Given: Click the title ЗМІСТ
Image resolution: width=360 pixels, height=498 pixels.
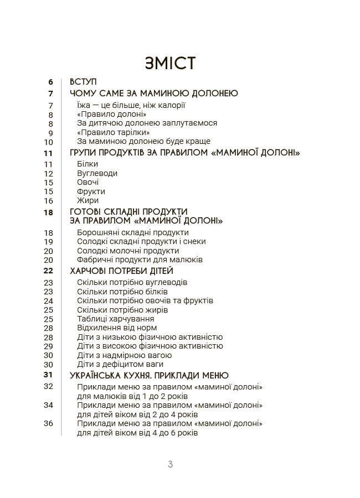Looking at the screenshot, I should click(169, 63).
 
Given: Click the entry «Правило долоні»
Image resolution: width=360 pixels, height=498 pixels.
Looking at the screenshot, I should click(108, 114).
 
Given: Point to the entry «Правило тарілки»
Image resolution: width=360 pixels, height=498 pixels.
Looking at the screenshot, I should click(114, 132).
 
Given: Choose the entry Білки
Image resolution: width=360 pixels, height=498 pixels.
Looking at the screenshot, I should click(88, 164).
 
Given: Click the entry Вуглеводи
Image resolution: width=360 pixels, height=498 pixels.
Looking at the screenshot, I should click(97, 173).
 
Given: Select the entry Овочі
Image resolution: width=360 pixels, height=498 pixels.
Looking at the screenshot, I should click(88, 182).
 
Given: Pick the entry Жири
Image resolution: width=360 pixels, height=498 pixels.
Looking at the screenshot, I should click(88, 200).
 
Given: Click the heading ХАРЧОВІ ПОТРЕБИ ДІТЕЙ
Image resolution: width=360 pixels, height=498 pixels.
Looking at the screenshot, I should click(122, 271).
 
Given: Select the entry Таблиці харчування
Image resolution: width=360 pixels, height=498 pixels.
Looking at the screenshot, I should click(116, 319).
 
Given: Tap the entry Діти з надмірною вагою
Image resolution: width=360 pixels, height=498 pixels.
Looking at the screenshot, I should click(125, 355).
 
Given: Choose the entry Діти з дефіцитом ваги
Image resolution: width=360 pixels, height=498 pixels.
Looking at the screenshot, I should click(120, 364).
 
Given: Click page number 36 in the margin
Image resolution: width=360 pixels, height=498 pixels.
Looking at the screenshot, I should click(48, 423).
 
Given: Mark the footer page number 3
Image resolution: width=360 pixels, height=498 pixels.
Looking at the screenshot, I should click(170, 464).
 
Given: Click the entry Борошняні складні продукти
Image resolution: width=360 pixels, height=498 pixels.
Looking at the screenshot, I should click(133, 232).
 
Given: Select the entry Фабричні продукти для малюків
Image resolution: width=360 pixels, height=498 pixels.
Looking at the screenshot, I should click(140, 260).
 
